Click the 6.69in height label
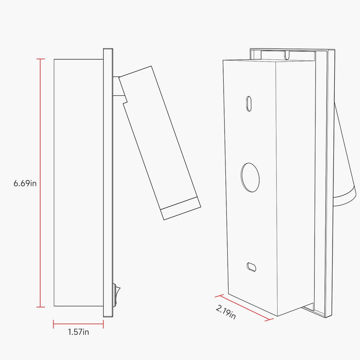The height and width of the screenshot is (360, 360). tap(25, 184)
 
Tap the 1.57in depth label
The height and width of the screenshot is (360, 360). tap(78, 332)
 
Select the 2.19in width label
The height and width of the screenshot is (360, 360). tap(226, 312)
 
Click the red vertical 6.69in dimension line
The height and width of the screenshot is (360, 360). tap(40, 183)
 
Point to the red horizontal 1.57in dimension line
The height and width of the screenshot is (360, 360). tap(78, 324)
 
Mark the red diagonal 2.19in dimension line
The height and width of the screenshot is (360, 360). tap(244, 307)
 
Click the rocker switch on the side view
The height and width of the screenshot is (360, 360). tap(117, 295)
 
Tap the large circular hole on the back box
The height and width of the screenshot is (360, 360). tap(250, 177)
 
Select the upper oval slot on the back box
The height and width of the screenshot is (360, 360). tap(249, 103)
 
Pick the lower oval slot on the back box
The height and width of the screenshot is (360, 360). tap(251, 267)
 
